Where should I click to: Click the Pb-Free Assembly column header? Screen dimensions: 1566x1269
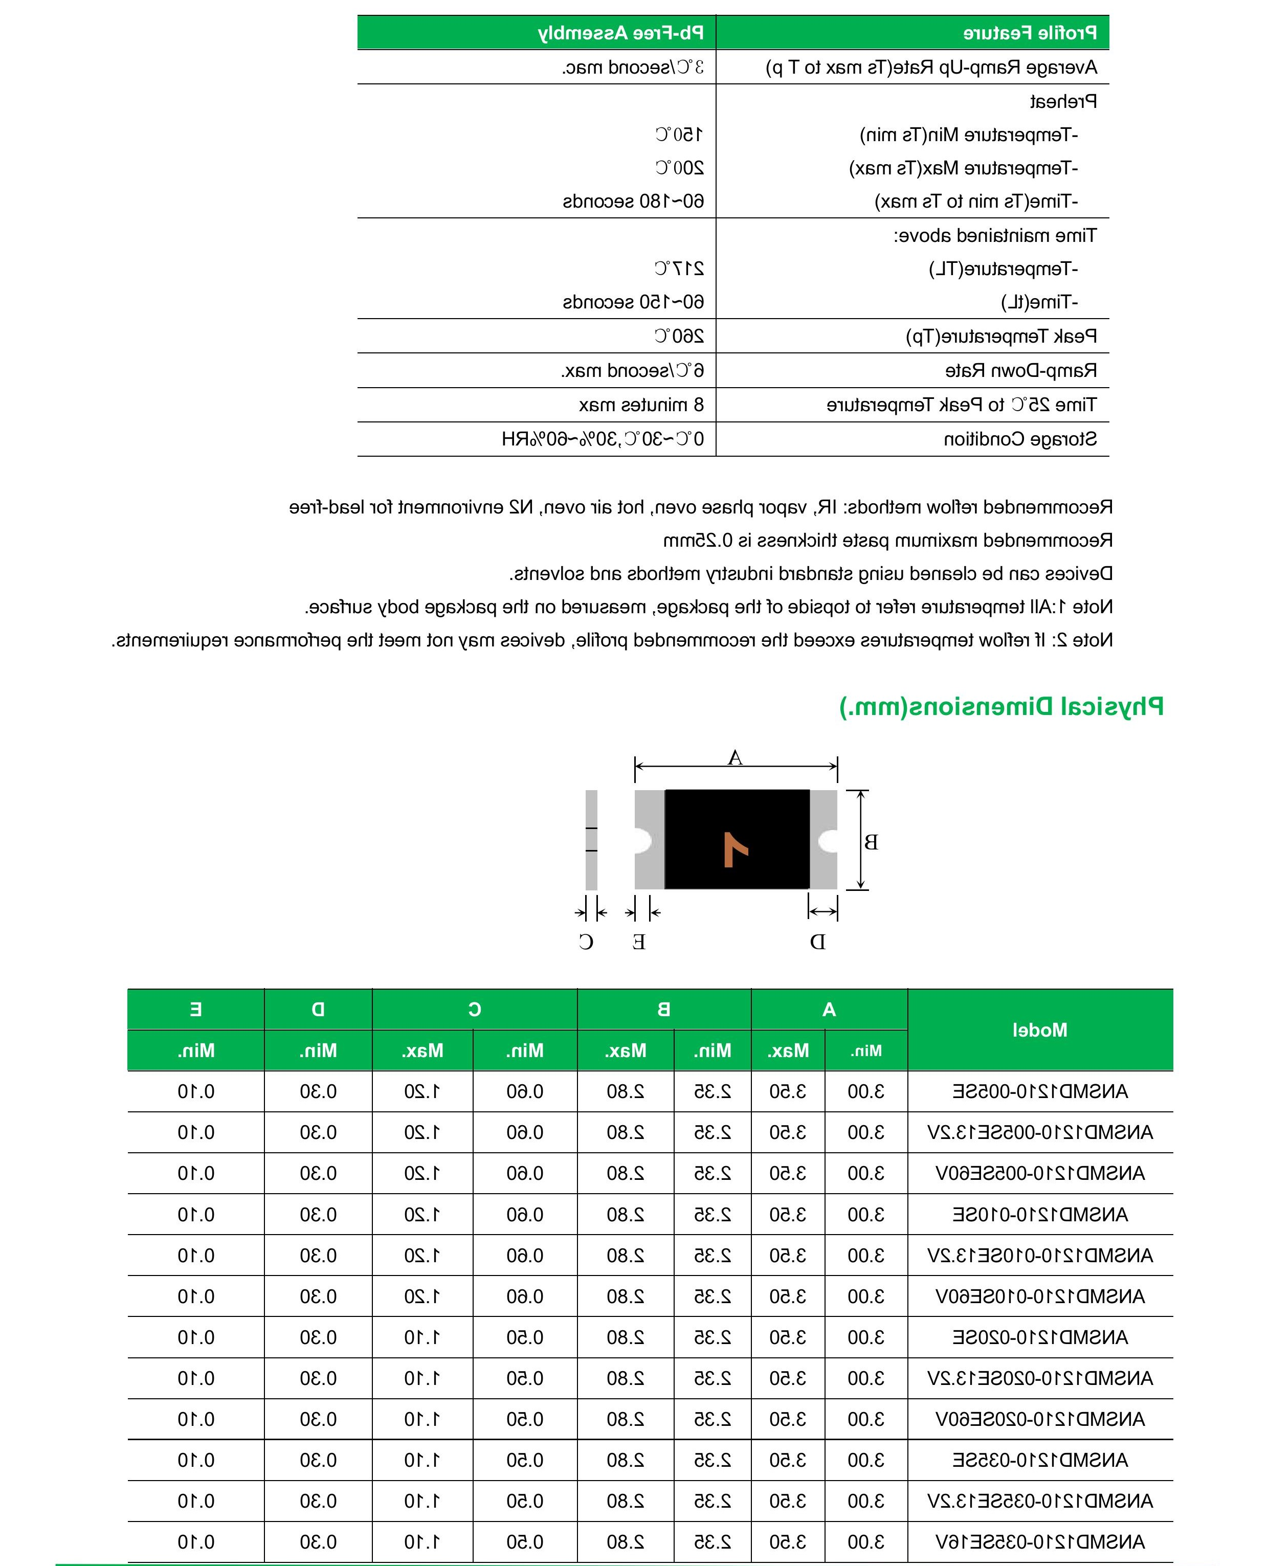pos(620,33)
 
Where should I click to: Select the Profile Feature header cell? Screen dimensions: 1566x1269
pos(1029,33)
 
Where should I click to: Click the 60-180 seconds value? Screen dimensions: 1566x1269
pos(633,201)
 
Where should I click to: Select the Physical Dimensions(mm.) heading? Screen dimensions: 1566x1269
pos(1001,706)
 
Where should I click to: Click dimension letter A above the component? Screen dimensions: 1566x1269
pos(736,758)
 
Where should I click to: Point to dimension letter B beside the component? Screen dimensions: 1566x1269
pos(871,842)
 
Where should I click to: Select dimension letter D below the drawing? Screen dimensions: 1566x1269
pos(817,942)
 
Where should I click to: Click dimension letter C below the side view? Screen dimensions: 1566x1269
pos(586,942)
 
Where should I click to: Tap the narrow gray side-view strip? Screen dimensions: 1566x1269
pos(591,840)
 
